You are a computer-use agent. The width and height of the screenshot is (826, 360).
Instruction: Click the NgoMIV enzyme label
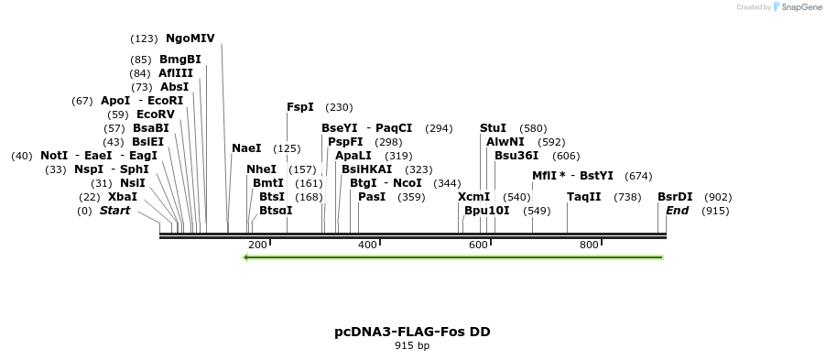190,38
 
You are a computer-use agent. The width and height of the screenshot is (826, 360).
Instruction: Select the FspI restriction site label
300,107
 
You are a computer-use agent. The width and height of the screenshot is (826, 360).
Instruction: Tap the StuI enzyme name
493,128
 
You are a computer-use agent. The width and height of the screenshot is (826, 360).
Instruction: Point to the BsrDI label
675,197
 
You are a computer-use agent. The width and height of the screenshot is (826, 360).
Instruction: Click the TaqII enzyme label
584,197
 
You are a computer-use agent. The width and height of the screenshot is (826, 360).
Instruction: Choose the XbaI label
123,197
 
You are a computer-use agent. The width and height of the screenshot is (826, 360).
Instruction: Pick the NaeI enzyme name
246,148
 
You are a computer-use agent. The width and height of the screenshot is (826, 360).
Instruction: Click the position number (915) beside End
715,211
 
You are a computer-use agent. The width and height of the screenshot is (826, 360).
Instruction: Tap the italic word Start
115,211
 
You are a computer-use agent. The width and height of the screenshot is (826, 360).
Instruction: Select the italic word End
677,211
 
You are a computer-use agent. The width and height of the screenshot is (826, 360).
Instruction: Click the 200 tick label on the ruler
257,245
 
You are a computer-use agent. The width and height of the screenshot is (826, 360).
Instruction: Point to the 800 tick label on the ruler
589,245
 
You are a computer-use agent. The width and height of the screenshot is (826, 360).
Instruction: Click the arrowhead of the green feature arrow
246,257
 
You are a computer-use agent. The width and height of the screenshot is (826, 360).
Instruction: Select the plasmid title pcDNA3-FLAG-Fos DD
412,332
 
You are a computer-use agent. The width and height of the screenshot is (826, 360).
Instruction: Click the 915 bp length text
412,346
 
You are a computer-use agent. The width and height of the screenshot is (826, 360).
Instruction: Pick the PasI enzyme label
372,197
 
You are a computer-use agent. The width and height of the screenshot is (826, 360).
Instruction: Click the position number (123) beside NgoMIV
145,38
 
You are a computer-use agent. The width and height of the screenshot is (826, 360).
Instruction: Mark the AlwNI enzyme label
505,142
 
